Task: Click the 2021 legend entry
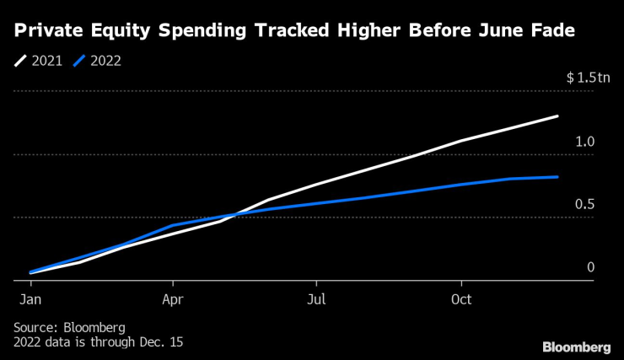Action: (x=41, y=61)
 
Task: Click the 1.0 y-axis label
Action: (x=584, y=142)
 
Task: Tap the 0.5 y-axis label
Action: (x=584, y=205)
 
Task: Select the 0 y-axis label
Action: (x=590, y=267)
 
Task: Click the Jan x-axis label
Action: (x=30, y=299)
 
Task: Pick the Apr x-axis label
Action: (x=173, y=299)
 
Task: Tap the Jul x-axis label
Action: (x=316, y=299)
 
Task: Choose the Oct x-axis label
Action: (x=460, y=299)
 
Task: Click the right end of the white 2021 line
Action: (x=557, y=116)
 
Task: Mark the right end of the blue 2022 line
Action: (x=557, y=177)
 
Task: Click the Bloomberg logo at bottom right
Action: (x=576, y=347)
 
